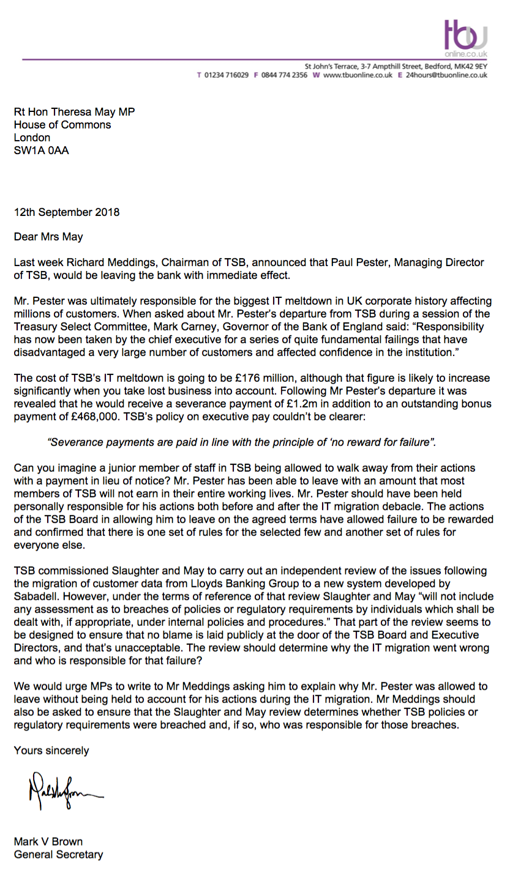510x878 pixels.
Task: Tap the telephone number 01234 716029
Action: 226,75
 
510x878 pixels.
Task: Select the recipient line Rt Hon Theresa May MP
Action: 74,112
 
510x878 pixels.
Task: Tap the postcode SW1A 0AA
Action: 42,150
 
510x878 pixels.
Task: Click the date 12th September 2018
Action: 67,213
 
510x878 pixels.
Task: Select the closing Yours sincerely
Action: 51,750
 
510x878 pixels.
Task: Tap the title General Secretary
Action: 58,855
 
